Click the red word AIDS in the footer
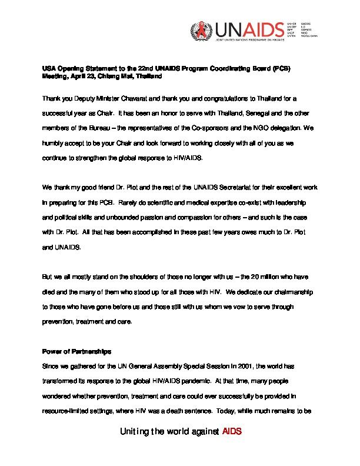232,431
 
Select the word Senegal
246,113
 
